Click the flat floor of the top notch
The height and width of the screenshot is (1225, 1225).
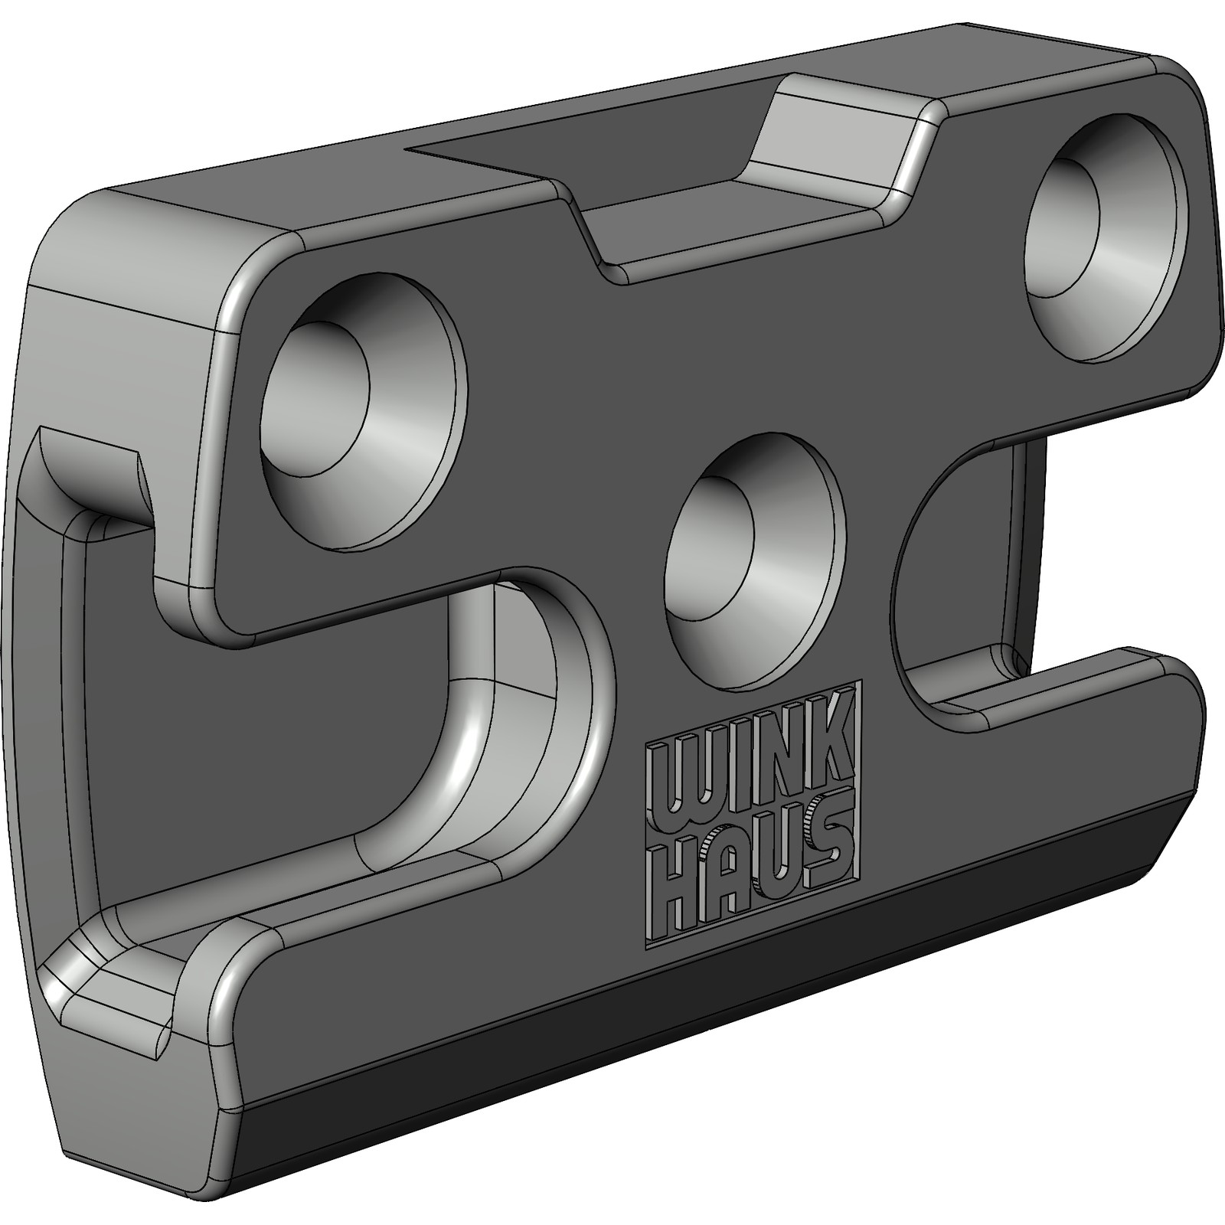click(735, 222)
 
